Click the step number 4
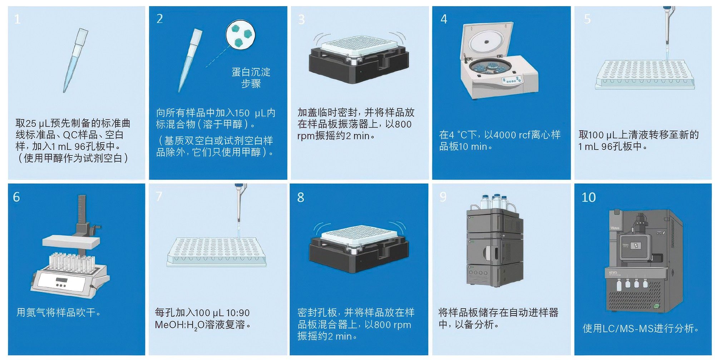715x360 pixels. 444,19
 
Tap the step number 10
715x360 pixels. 588,197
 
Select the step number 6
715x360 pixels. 16,197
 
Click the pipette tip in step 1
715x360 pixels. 75,60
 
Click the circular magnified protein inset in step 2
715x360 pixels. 240,34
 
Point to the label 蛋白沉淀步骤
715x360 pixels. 251,78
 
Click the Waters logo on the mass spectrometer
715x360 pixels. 615,228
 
